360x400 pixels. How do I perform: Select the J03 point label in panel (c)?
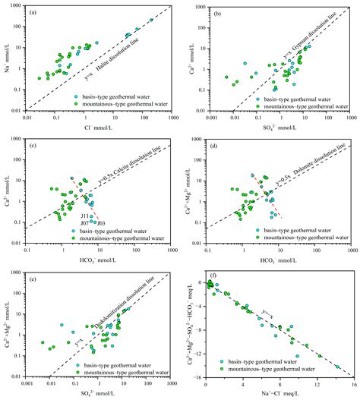(x=101, y=223)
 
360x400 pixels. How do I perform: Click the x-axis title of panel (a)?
(x=99, y=128)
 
